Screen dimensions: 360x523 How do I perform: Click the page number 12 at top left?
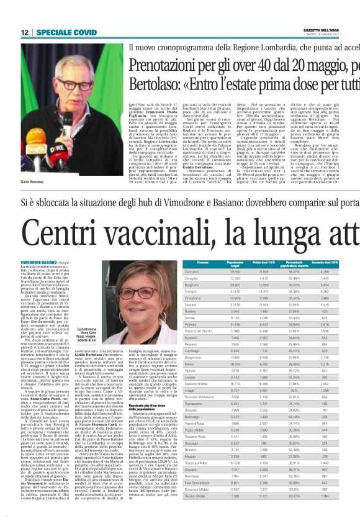click(x=25, y=31)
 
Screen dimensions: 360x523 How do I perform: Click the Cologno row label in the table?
click(x=193, y=291)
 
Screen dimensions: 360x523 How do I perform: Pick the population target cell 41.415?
click(x=218, y=291)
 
